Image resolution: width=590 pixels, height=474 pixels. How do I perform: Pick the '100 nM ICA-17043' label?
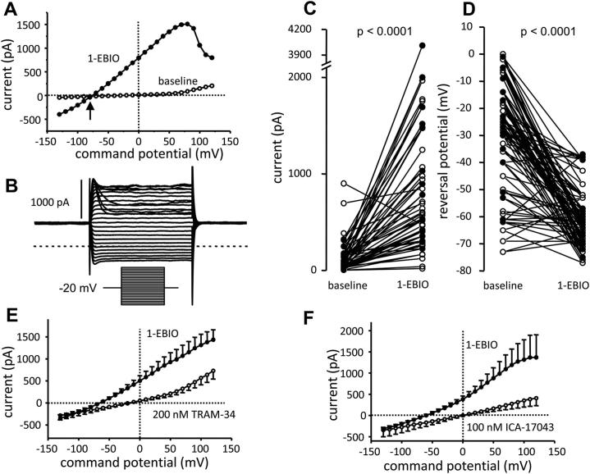(x=510, y=430)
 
